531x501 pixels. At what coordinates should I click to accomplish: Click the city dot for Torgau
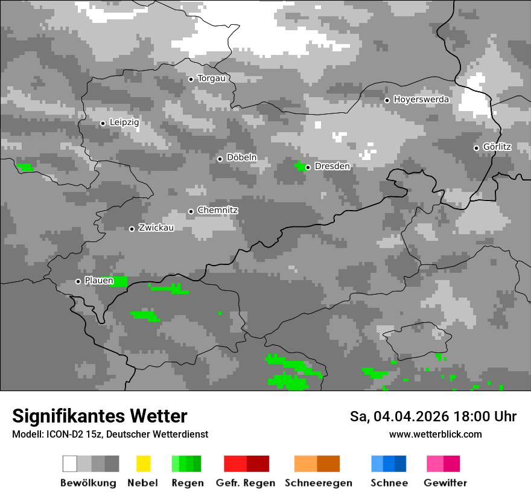coord(191,79)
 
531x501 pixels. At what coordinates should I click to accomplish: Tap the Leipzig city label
coord(124,123)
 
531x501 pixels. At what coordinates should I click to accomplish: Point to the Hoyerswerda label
coord(421,100)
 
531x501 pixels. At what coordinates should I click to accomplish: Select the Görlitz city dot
coord(477,147)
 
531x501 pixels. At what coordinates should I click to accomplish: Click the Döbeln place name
coord(241,158)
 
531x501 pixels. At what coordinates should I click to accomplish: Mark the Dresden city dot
coord(308,167)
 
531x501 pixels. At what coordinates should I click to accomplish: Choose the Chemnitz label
coord(218,211)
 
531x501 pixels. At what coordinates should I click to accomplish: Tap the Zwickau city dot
coord(132,229)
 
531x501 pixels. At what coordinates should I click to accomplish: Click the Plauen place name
coord(99,281)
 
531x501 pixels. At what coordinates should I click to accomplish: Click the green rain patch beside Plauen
coord(120,281)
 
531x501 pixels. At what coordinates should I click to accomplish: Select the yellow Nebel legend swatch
coord(143,464)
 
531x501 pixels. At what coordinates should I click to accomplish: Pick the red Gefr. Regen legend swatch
coord(246,464)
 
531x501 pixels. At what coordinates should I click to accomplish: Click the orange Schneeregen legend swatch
coord(317,464)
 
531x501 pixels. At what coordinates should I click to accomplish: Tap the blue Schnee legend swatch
coord(388,464)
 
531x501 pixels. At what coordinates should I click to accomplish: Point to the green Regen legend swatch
coord(186,464)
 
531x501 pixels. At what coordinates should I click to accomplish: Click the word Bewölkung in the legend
coord(88,483)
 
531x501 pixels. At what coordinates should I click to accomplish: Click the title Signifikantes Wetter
coord(100,416)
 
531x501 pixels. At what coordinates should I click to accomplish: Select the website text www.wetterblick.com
coord(435,435)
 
